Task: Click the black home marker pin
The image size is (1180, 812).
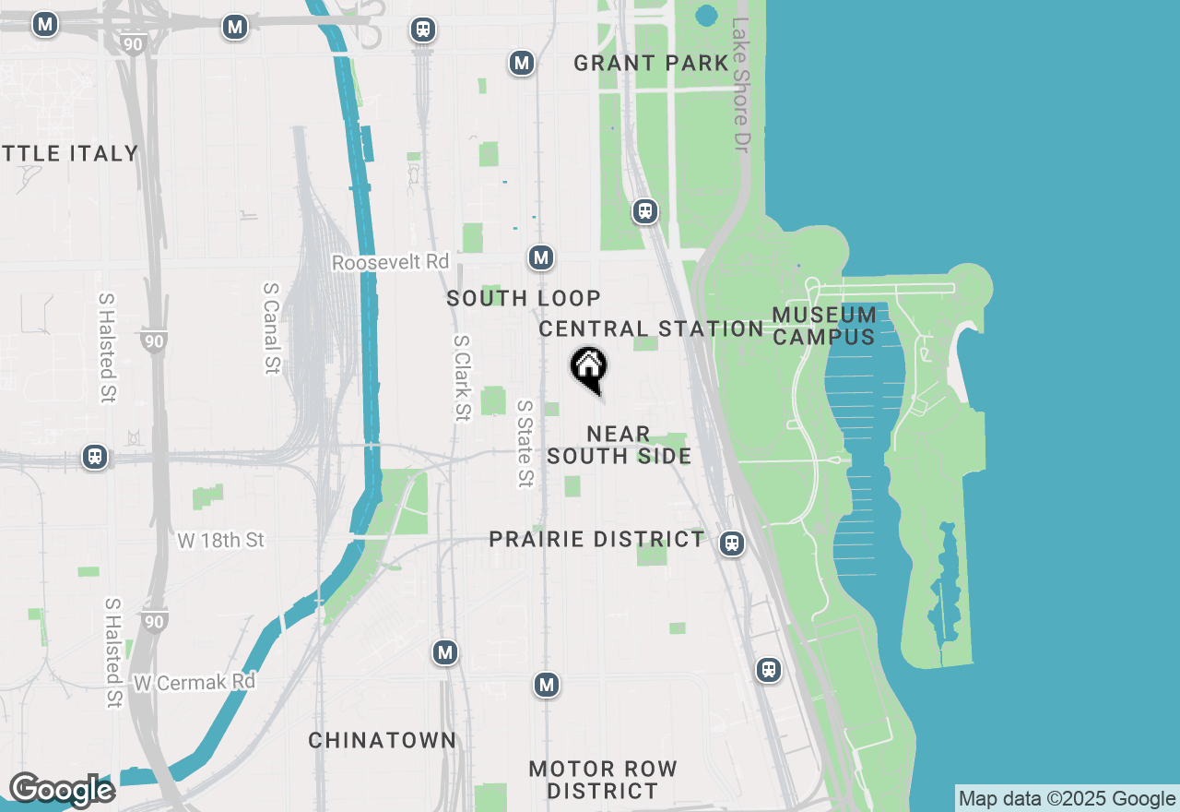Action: [588, 368]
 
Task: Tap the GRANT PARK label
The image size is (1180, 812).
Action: [651, 63]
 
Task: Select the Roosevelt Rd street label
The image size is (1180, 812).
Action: [390, 263]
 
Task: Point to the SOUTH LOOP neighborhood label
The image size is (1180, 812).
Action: [524, 298]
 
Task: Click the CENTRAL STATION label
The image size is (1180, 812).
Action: [651, 328]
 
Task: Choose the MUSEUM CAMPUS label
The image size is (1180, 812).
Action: [824, 326]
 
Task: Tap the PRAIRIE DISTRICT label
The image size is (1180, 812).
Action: [596, 539]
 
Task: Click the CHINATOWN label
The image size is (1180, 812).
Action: [382, 740]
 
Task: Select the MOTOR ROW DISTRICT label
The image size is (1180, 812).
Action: [603, 780]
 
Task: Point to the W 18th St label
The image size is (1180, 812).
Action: [221, 540]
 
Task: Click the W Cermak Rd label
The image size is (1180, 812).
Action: [195, 683]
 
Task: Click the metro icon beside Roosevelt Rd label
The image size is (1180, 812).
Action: [542, 257]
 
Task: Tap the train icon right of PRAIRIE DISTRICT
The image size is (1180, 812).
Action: [732, 543]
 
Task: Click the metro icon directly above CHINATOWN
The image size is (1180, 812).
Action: [446, 653]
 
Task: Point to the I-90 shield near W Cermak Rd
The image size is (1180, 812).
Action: [154, 622]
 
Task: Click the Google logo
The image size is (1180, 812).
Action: [62, 791]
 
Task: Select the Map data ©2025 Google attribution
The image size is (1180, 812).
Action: [1067, 799]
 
